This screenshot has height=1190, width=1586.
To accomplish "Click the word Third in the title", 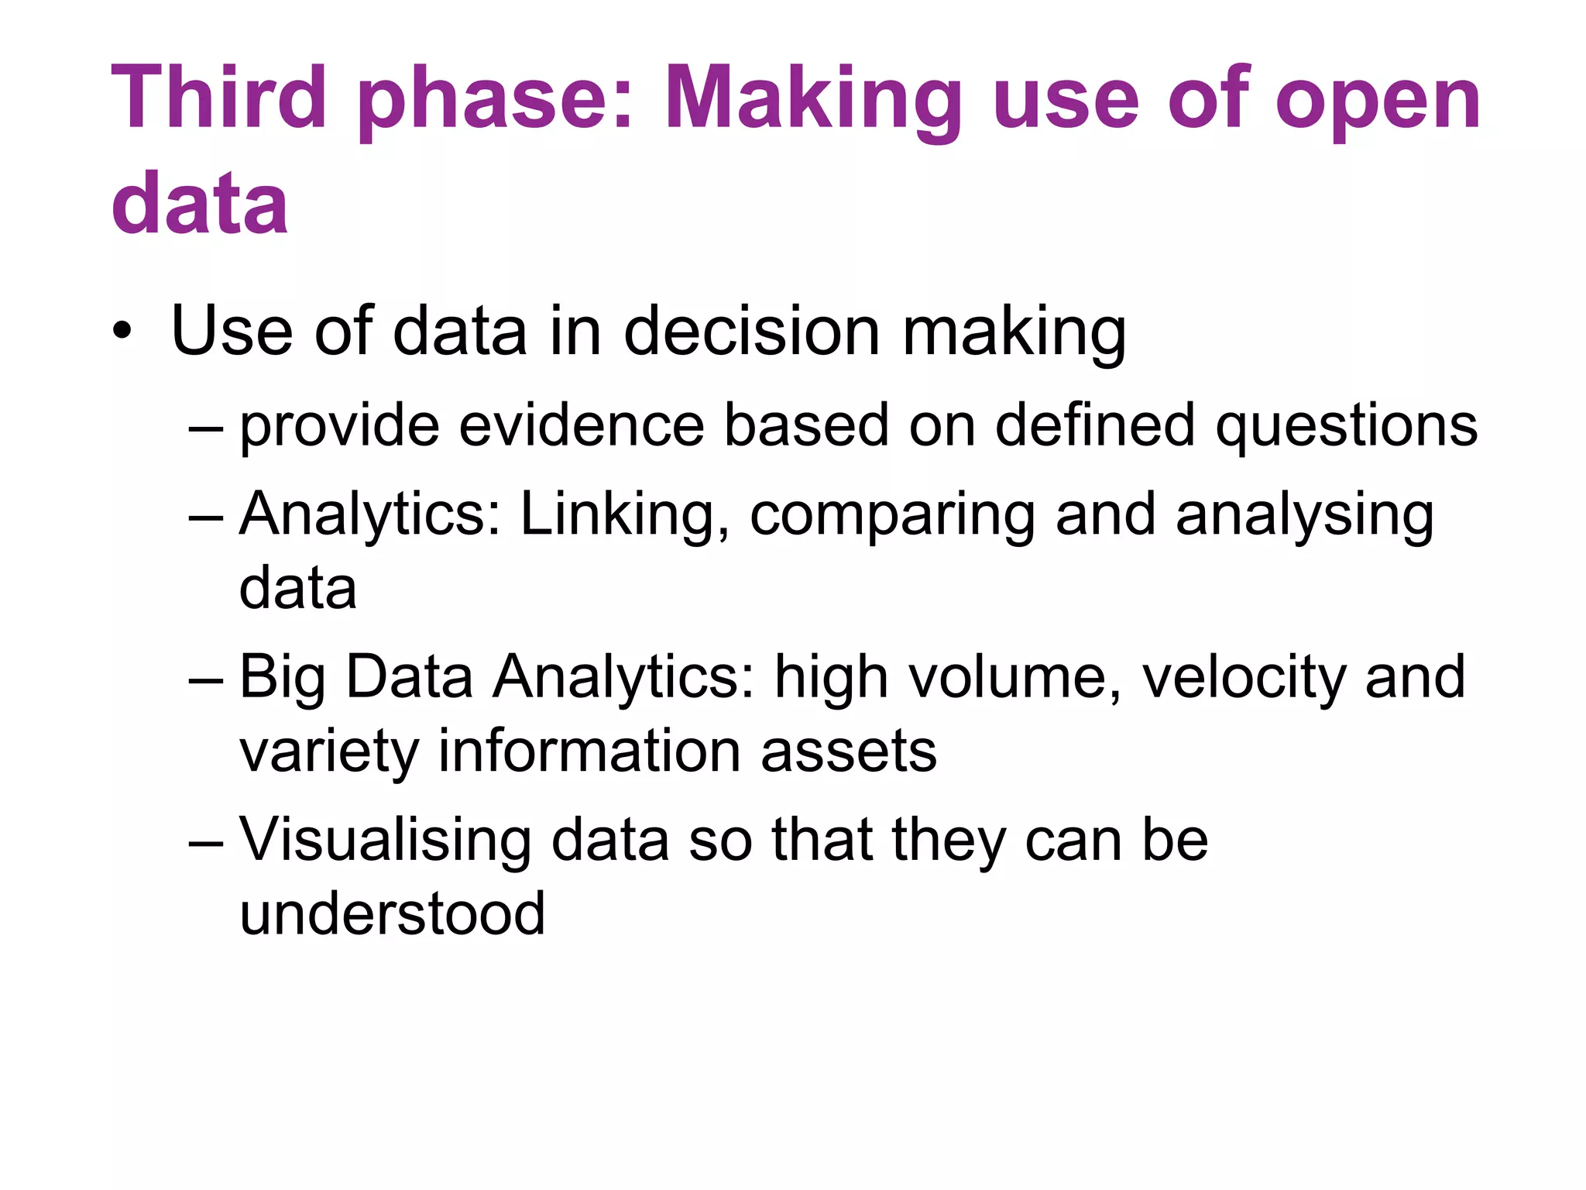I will pos(218,98).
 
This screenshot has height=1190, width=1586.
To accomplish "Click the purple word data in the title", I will pos(199,202).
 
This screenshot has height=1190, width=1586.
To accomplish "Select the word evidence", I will pos(582,425).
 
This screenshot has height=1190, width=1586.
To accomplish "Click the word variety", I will pos(329,752).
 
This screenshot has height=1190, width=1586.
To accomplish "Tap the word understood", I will pos(392,913).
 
